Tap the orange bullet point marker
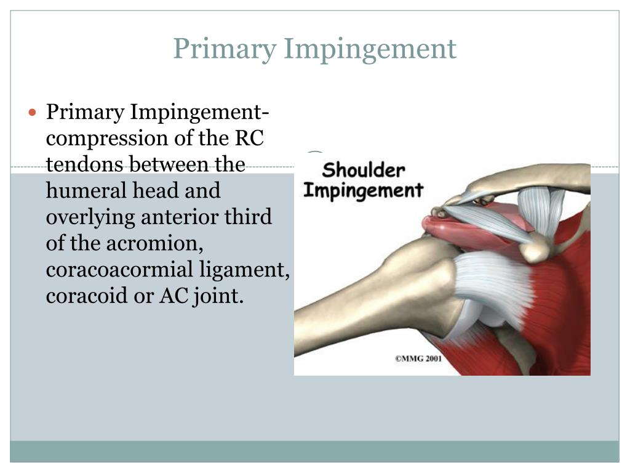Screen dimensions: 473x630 tap(34, 113)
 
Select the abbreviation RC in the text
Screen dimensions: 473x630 tap(250, 139)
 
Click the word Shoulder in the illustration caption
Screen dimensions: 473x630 tap(364, 170)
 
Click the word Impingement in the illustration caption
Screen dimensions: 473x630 tap(364, 190)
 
